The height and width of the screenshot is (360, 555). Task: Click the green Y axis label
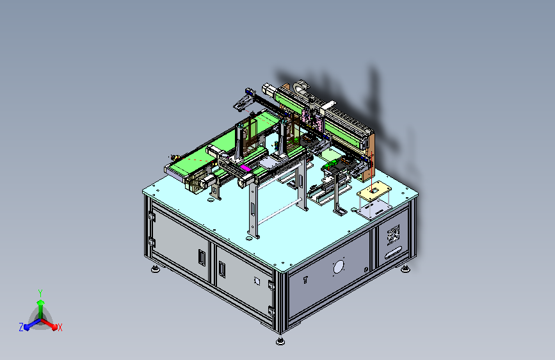tap(40, 293)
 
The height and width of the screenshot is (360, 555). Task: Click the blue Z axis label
tap(21, 327)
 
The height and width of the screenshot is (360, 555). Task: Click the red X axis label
tap(60, 327)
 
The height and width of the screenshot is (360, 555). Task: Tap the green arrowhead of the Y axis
tap(41, 303)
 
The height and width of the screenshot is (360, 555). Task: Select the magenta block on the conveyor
tap(246, 168)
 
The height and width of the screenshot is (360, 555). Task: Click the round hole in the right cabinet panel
tap(339, 267)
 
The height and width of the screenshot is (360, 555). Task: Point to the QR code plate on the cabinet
tap(393, 235)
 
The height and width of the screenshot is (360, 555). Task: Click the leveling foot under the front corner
tap(280, 341)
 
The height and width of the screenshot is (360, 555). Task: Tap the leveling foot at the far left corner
tap(155, 269)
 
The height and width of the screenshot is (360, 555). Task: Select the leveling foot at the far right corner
tap(406, 269)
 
